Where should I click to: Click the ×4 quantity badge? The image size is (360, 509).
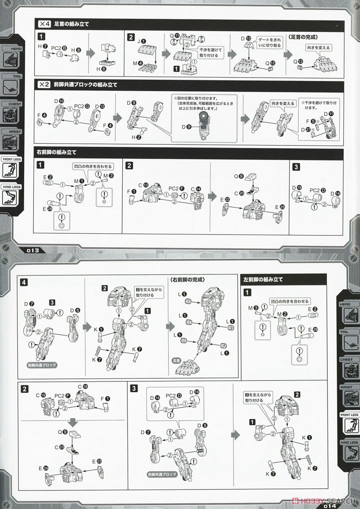pos(44,24)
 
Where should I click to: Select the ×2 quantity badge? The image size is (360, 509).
pos(44,84)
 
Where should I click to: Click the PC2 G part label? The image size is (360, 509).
pos(79,106)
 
